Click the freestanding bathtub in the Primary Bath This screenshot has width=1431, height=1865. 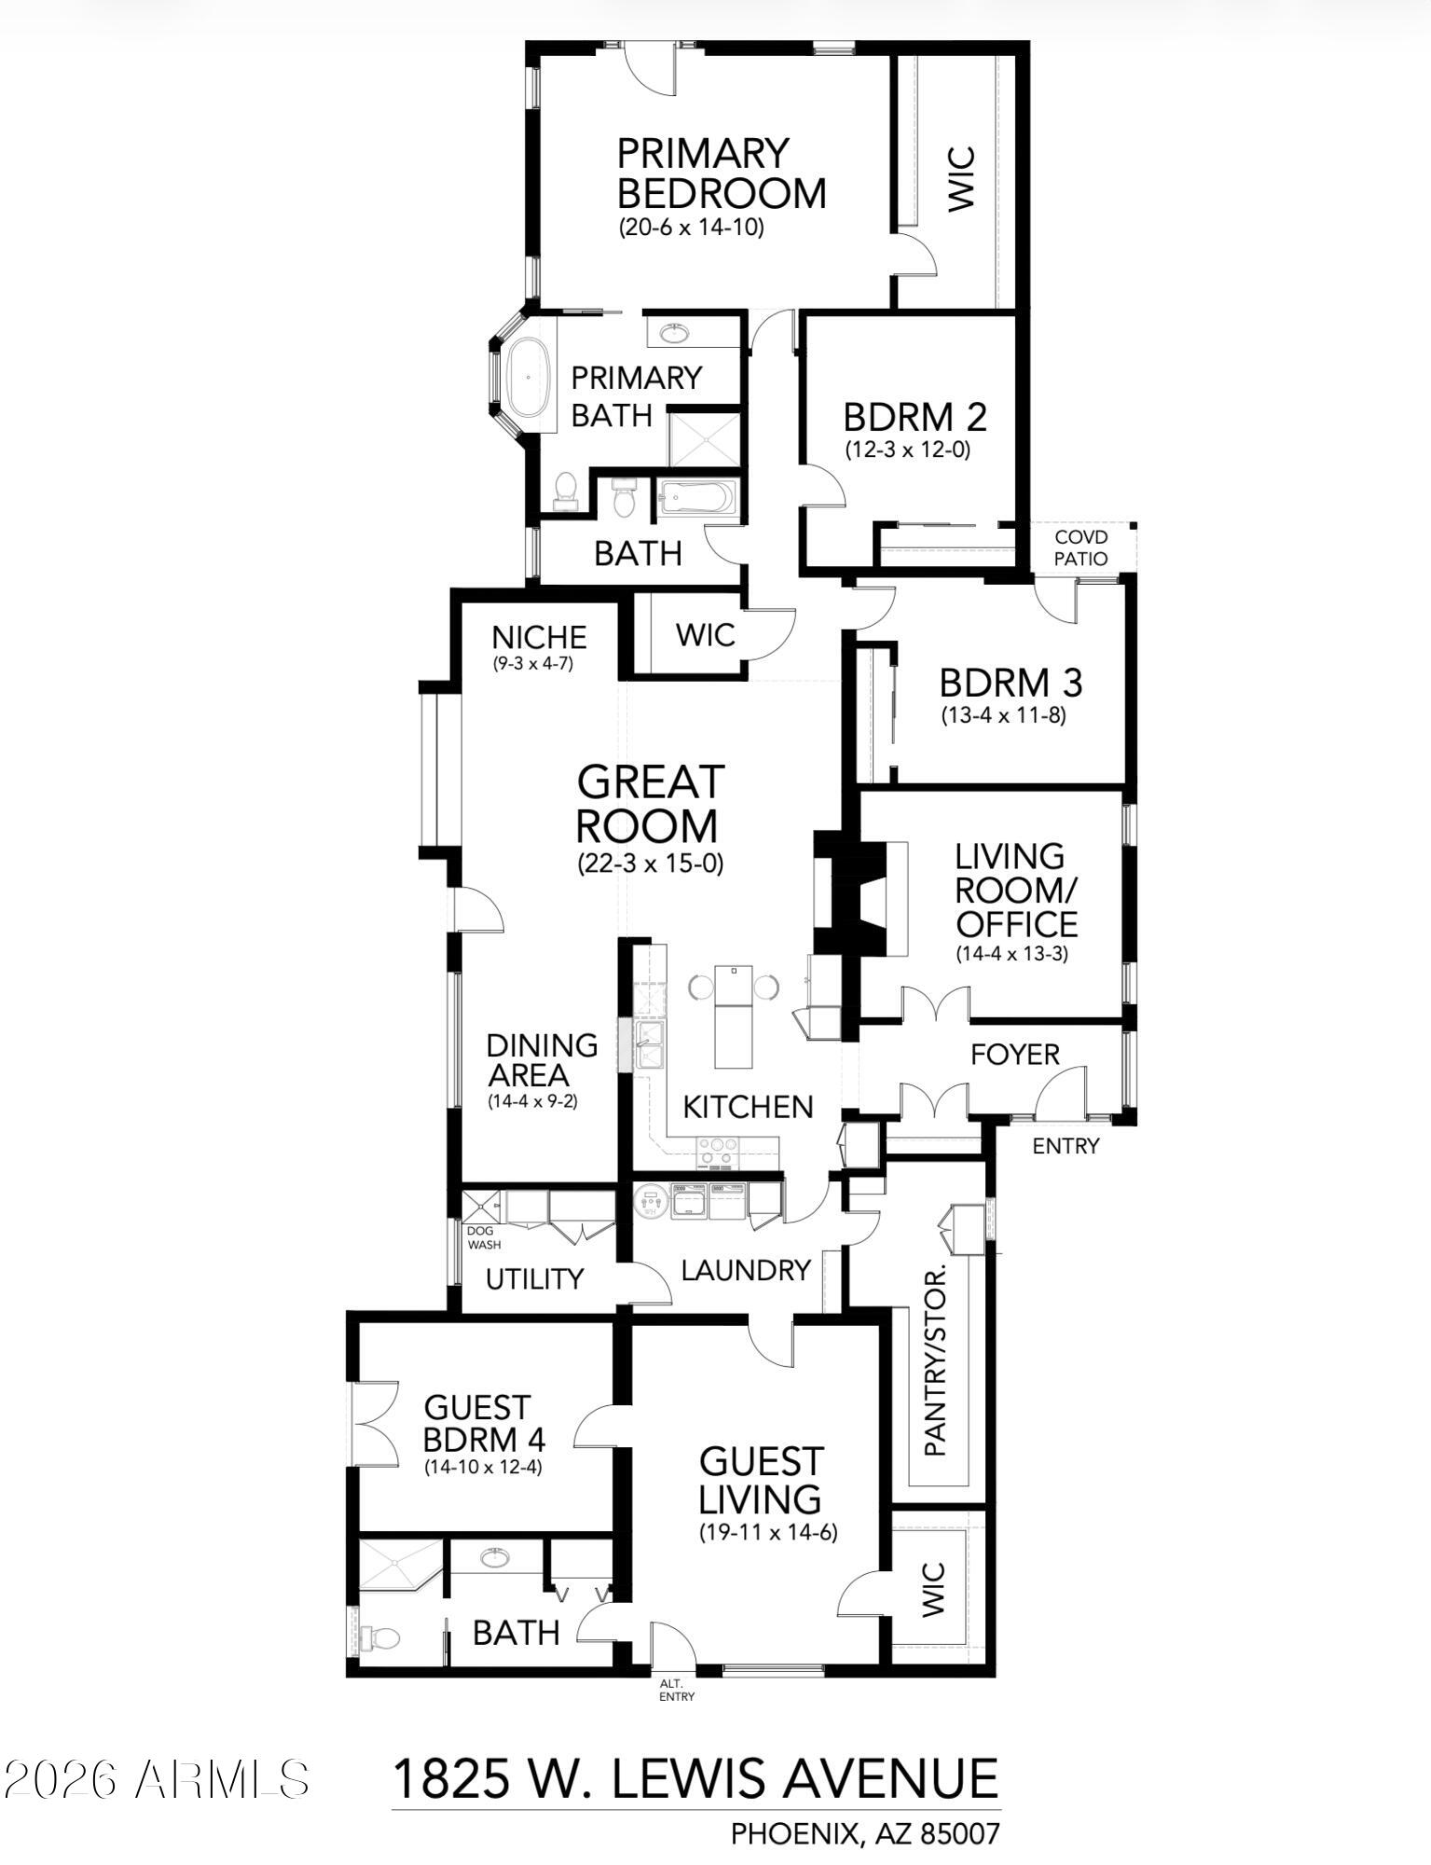pyautogui.click(x=528, y=378)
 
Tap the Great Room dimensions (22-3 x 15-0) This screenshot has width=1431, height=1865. pyautogui.click(x=650, y=863)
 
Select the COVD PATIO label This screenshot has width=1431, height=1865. pyautogui.click(x=1081, y=548)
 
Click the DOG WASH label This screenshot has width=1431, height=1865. pyautogui.click(x=484, y=1237)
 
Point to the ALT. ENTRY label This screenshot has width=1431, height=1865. pyautogui.click(x=676, y=1690)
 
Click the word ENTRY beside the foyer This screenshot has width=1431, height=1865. pyautogui.click(x=1066, y=1146)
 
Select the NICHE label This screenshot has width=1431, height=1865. pyautogui.click(x=539, y=638)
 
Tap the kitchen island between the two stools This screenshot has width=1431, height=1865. pyautogui.click(x=733, y=1016)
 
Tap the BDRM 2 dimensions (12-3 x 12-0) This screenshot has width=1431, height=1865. pyautogui.click(x=907, y=449)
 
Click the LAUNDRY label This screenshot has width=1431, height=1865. pyautogui.click(x=746, y=1270)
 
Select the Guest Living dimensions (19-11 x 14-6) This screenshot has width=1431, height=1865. pyautogui.click(x=768, y=1532)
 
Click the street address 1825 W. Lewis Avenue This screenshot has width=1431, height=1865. pyautogui.click(x=695, y=1779)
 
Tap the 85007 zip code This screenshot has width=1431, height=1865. pyautogui.click(x=959, y=1834)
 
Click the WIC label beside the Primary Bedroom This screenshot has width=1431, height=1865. pyautogui.click(x=961, y=178)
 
